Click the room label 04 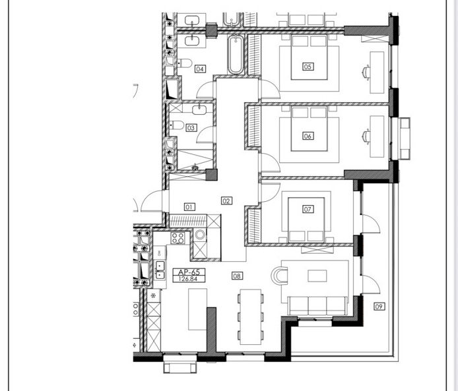pos(200,69)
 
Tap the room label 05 pos(308,67)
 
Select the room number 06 pos(308,136)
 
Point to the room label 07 pos(308,209)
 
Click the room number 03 pos(191,128)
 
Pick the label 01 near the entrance pos(189,207)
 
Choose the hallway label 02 pos(226,200)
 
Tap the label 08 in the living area pos(237,276)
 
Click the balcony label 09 pos(379,307)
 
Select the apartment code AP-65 pos(189,272)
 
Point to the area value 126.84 pos(189,279)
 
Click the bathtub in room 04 pos(235,54)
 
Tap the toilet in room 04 pos(185,63)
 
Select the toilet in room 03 pos(177,125)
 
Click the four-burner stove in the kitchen pos(178,238)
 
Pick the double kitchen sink pos(160,270)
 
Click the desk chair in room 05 pos(366,72)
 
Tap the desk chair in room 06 pos(366,136)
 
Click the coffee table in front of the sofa pos(317,276)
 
